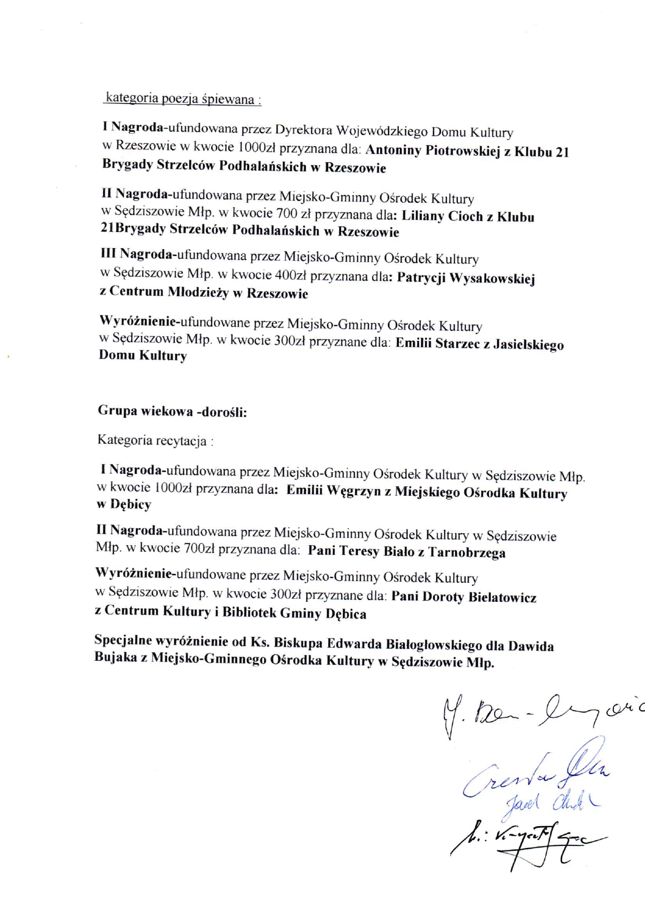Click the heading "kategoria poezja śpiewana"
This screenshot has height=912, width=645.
[182, 98]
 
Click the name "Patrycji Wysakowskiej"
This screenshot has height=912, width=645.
[466, 278]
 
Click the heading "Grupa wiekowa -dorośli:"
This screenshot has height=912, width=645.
[172, 412]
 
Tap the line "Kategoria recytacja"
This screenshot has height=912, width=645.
[155, 441]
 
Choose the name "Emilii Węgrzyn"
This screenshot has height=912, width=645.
[333, 491]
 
